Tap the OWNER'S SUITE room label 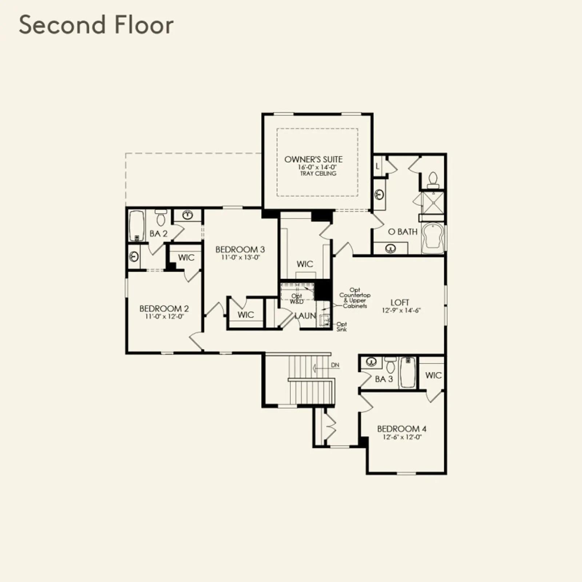[x=313, y=159]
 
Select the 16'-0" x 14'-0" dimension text [x=317, y=167]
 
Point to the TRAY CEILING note [x=318, y=174]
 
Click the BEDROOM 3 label [x=240, y=250]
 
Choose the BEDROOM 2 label [x=164, y=309]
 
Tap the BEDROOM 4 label [x=402, y=429]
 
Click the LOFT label [x=400, y=303]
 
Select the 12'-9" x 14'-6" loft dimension [x=401, y=311]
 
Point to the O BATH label [x=403, y=232]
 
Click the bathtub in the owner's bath [x=433, y=238]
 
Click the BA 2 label [x=159, y=234]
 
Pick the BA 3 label [x=384, y=379]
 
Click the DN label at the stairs [x=335, y=365]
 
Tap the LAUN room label [x=305, y=316]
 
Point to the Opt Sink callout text [x=342, y=327]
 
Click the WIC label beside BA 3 [x=433, y=375]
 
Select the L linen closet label [x=378, y=166]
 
